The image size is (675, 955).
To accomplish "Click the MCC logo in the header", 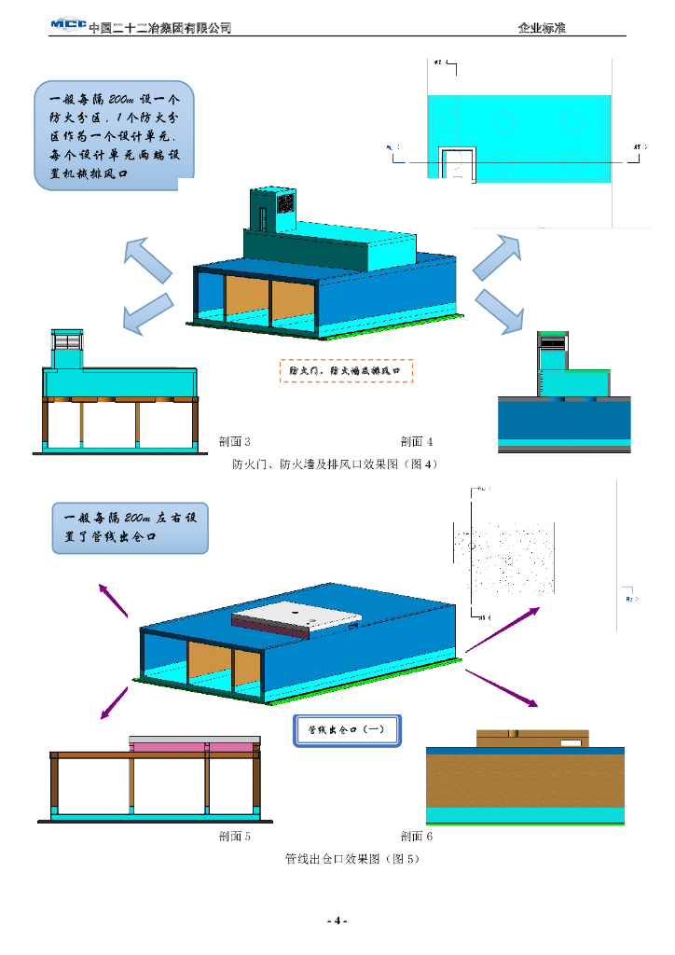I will (x=67, y=25).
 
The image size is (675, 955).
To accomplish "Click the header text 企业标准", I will (x=542, y=28).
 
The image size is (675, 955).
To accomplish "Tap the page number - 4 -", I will (x=337, y=921).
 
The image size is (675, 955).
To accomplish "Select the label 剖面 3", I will (x=234, y=441).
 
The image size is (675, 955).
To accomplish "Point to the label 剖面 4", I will (x=417, y=441).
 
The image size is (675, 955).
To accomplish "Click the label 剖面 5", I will (x=234, y=836).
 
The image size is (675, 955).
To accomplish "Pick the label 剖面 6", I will (x=417, y=836).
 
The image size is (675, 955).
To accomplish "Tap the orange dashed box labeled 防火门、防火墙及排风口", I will (x=346, y=370).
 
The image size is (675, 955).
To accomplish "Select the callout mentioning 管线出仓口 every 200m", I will (x=130, y=528).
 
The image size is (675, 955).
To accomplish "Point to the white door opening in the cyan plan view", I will (x=457, y=165).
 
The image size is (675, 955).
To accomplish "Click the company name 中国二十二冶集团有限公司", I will (x=159, y=28).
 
